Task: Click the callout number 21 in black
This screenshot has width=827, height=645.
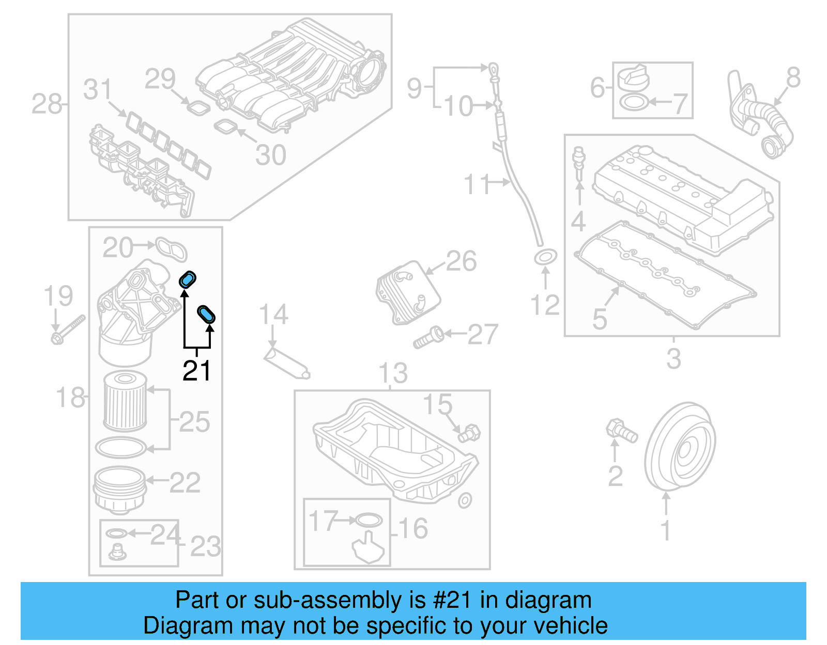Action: pyautogui.click(x=197, y=370)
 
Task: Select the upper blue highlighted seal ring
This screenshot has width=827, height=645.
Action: pyautogui.click(x=188, y=279)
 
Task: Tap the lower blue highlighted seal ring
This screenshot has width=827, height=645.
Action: pyautogui.click(x=206, y=314)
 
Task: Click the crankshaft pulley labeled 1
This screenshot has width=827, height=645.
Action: pyautogui.click(x=680, y=446)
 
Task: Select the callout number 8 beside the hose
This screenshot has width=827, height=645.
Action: pyautogui.click(x=793, y=78)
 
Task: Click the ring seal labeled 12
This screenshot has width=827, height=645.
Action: pyautogui.click(x=545, y=257)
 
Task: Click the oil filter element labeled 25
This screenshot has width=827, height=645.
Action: pyautogui.click(x=125, y=402)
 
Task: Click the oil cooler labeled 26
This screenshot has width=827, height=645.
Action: pyautogui.click(x=408, y=292)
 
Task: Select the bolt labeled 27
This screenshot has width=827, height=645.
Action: pyautogui.click(x=428, y=337)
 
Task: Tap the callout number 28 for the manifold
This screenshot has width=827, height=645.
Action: pyautogui.click(x=47, y=104)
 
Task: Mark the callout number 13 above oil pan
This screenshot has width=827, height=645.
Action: pyautogui.click(x=393, y=373)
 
